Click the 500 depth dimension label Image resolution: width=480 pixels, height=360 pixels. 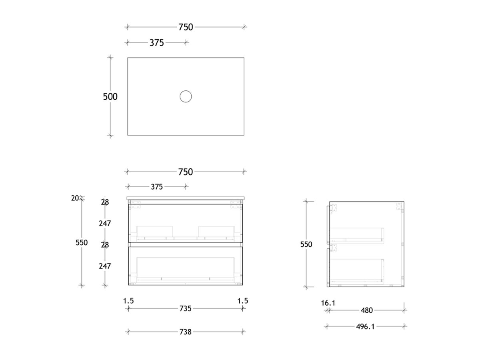coord(110,96)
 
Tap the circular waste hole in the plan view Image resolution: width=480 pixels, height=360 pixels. coord(186,96)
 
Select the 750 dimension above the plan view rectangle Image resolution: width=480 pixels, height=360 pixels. coord(186,27)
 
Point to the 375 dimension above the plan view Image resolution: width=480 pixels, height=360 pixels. coord(157,42)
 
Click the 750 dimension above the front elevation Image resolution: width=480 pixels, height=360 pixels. coord(186,172)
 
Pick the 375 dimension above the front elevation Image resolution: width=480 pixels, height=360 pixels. coord(157,186)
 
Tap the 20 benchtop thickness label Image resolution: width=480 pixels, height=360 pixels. coord(75,198)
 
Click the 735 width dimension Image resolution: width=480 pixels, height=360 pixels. coord(186,308)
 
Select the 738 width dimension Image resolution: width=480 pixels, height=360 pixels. coord(186,332)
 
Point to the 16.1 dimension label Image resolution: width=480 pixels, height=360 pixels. coord(328,303)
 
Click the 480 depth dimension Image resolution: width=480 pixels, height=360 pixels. coord(367,310)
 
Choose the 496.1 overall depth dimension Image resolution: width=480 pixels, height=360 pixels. coord(366,326)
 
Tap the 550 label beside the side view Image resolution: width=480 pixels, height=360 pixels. coord(306,244)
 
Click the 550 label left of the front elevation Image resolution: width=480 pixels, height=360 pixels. coord(82,242)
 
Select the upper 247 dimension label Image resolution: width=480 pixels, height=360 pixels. coord(105,224)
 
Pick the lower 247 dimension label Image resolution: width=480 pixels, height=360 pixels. coord(105,266)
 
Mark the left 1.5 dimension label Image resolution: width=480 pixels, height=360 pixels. coord(128,301)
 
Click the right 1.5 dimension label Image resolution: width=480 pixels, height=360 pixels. coord(243,301)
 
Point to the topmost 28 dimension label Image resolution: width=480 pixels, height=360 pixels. coord(105,202)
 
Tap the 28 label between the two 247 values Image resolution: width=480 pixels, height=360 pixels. coord(105,245)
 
